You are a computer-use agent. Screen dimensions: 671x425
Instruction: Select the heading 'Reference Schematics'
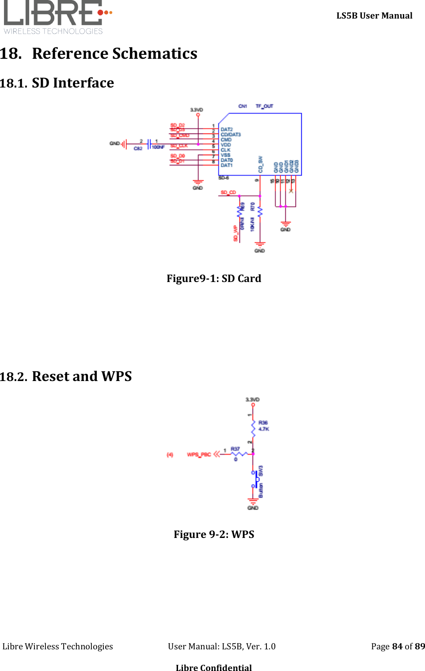pos(114,53)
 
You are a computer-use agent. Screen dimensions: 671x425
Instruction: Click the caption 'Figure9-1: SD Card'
pos(214,278)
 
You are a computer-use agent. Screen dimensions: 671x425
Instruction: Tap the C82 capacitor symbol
pos(149,144)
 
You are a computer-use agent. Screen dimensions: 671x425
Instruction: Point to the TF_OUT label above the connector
pos(264,106)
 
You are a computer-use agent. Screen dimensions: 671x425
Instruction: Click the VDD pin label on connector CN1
pos(226,145)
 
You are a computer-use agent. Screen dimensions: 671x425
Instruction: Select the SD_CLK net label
pos(179,145)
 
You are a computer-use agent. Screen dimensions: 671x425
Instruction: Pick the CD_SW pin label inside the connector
pos(261,164)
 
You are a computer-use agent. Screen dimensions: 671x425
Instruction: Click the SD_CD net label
pos(228,192)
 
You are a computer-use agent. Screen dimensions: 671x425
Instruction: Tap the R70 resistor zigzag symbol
pos(260,212)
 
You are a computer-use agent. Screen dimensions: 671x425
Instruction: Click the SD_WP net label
pos(235,233)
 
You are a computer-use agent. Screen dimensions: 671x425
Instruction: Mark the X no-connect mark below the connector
pos(291,191)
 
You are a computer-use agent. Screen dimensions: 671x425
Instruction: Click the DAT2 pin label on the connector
pos(227,130)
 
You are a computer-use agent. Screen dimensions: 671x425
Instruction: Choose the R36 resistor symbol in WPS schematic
pos(253,427)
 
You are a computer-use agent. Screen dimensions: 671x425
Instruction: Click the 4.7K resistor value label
pos(264,429)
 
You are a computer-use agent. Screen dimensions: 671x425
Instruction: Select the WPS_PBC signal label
pos(199,454)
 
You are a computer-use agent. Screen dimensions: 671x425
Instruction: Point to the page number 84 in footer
pos(397,646)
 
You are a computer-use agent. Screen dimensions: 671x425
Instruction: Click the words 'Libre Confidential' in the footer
pos(214,667)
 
